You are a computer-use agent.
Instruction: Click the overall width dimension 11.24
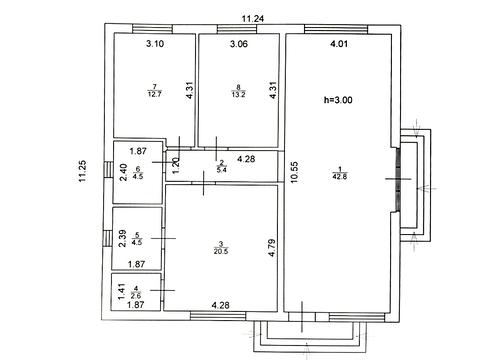coord(253,19)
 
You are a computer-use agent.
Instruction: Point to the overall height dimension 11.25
coord(82,171)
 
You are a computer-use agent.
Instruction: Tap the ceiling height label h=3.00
coord(338,100)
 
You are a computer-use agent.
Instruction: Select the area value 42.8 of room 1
coord(339,177)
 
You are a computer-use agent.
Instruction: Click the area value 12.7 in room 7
coord(154,94)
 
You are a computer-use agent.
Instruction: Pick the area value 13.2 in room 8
coord(238,94)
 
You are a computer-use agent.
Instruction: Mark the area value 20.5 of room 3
coord(221,251)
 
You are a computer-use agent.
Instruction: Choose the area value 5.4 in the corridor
coord(221,170)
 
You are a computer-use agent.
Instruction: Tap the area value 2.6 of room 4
coord(136,295)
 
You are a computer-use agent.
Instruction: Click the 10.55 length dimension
coord(294,172)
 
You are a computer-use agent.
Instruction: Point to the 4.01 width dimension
coord(339,44)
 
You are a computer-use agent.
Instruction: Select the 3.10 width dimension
coord(155,43)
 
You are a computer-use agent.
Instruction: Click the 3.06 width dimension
coord(239,44)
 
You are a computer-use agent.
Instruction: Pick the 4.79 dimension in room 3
coord(272,247)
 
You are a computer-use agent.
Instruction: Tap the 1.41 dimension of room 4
coord(122,291)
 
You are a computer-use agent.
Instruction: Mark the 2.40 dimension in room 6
coord(123,172)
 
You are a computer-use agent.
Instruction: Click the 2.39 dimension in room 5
coord(123,238)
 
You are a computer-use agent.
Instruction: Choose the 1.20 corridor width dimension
coord(176,165)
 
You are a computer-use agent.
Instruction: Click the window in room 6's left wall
coord(109,170)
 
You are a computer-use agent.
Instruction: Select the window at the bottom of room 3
coord(218,315)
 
